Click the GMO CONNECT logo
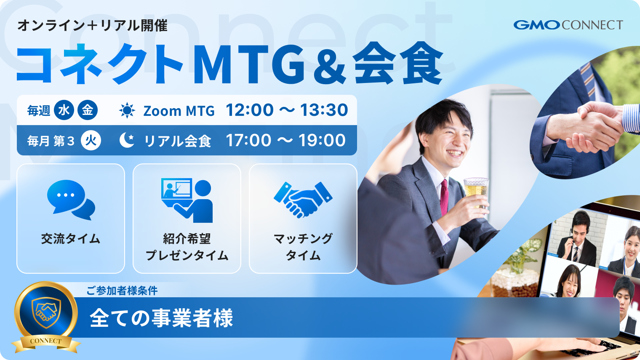click(568, 25)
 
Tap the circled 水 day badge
click(64, 110)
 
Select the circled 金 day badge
click(88, 110)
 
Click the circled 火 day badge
click(91, 141)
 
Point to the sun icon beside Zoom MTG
click(127, 110)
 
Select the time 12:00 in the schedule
click(250, 110)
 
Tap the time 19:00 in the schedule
click(322, 141)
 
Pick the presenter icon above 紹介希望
click(187, 200)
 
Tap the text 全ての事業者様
click(161, 318)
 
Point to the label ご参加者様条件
click(122, 291)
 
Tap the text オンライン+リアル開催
click(92, 26)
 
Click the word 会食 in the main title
click(397, 65)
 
